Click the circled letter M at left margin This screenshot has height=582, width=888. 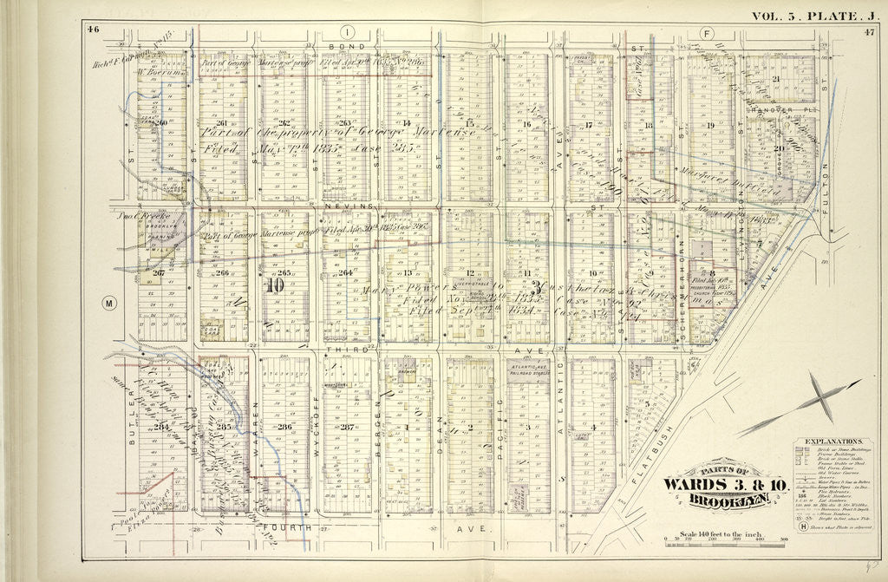point(108,304)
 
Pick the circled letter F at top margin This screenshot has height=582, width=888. point(705,33)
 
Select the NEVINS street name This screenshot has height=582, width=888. point(347,207)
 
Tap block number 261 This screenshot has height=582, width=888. point(223,123)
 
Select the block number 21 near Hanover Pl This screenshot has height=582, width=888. point(777,80)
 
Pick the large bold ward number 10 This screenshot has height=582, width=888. point(275,286)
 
